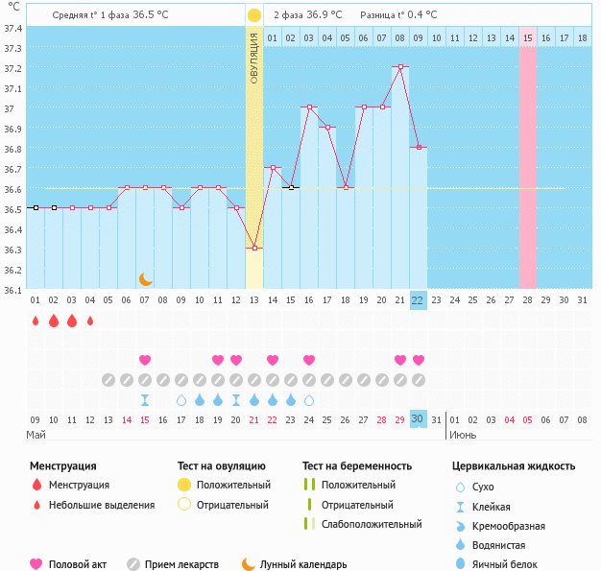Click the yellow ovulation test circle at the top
[x=254, y=15]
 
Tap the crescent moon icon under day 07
[x=145, y=278]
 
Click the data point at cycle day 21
[x=399, y=67]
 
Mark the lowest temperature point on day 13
[x=254, y=249]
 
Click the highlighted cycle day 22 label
[x=418, y=300]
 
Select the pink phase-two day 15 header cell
[x=528, y=37]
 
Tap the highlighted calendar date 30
[x=418, y=419]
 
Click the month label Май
[x=36, y=435]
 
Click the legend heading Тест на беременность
[x=357, y=466]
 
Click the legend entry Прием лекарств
[x=181, y=564]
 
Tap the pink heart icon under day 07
[x=145, y=360]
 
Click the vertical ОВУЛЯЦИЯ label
[x=254, y=59]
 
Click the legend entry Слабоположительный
[x=372, y=524]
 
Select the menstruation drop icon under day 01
[x=36, y=321]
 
